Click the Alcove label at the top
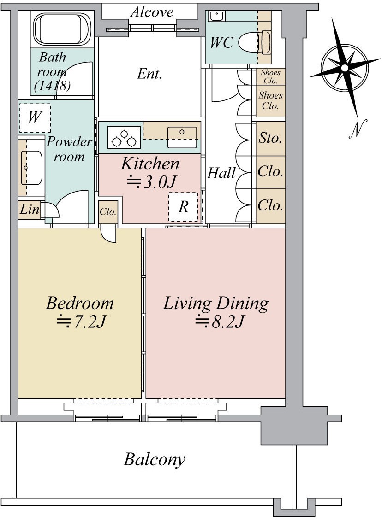[x=152, y=12]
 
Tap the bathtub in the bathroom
[x=62, y=29]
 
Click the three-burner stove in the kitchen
[x=124, y=138]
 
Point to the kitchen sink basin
[x=182, y=137]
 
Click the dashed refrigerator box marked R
[x=183, y=207]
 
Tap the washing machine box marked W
[x=35, y=117]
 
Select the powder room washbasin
[x=31, y=168]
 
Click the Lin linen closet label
[x=29, y=210]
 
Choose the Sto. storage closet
[x=271, y=138]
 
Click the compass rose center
[x=345, y=68]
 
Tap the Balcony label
[x=155, y=460]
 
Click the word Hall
[x=221, y=173]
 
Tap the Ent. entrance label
[x=149, y=73]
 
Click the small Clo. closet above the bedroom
[x=108, y=211]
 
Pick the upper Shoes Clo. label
[x=270, y=76]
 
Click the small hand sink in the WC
[x=216, y=16]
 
